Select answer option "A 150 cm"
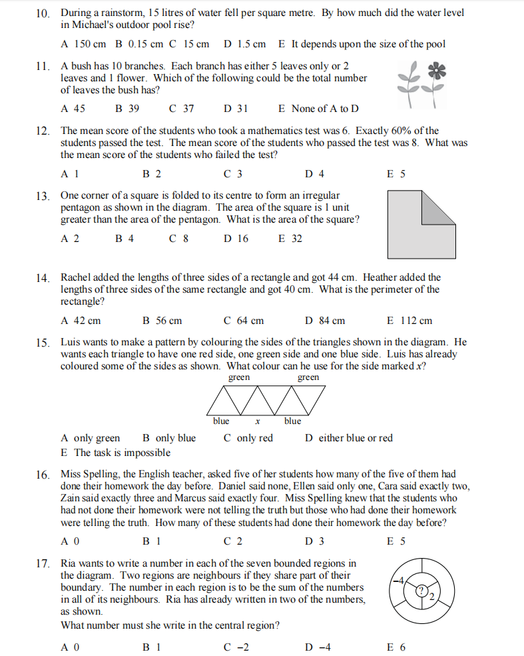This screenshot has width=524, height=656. (x=83, y=44)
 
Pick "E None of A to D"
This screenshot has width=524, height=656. (x=318, y=108)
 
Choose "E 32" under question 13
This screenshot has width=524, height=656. (x=290, y=238)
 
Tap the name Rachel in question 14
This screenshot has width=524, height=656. (x=77, y=277)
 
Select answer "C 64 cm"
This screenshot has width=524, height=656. (x=243, y=321)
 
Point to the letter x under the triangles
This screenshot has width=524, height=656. (x=257, y=421)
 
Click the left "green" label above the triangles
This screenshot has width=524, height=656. (x=239, y=378)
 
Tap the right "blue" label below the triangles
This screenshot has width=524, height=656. (x=292, y=421)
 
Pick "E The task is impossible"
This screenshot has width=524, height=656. (x=115, y=453)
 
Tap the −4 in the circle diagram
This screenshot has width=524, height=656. (x=399, y=580)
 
